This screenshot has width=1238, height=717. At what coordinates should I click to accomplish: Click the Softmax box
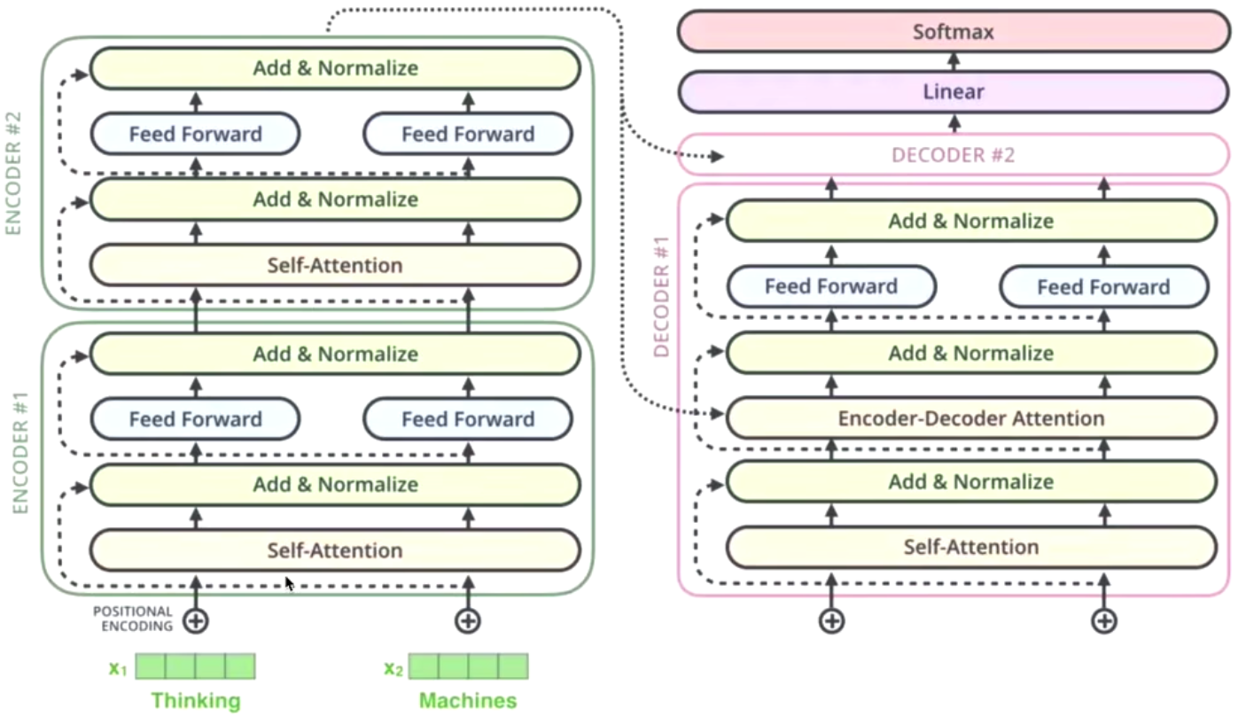pos(954,33)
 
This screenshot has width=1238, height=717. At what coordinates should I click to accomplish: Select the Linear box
pos(954,91)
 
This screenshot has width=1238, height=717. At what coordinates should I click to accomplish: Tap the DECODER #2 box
pos(954,155)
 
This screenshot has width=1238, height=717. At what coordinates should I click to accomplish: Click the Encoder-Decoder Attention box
pos(971,418)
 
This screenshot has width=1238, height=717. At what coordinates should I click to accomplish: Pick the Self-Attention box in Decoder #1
pos(971,547)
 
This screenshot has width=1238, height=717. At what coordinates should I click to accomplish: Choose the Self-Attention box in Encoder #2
pos(335,265)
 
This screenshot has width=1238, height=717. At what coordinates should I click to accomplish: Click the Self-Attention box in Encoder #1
pos(335,550)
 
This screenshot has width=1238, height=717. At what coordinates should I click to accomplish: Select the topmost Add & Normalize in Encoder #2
pos(335,68)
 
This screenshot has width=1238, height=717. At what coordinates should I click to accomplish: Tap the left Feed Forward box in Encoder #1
pos(196,419)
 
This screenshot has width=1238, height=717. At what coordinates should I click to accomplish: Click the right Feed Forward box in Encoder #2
pos(468,135)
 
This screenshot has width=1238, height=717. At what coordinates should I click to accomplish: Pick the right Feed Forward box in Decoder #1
pos(1103,287)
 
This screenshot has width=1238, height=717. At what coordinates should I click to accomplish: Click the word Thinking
pos(195,701)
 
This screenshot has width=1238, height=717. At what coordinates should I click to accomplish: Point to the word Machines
pos(468,701)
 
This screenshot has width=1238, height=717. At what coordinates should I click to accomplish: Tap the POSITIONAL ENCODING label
pos(133,619)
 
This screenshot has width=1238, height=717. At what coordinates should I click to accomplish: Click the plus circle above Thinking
pos(196,620)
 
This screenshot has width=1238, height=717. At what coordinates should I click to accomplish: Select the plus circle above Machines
pos(468,620)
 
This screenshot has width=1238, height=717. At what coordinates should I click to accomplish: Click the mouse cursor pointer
pos(289,584)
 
